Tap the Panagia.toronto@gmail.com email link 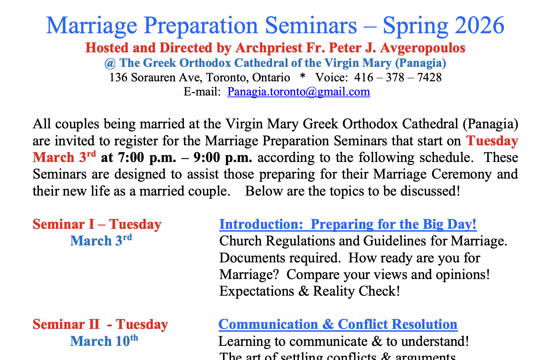point(299,92)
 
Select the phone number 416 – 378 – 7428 point(398,77)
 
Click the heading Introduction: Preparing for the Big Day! point(348,225)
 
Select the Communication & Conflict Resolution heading point(338,324)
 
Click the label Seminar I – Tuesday point(97,225)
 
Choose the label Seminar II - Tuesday point(100,324)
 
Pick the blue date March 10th point(104,341)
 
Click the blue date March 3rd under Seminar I point(101,241)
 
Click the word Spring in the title point(415,25)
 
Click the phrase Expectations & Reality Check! point(309,291)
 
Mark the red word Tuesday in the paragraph point(492,141)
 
